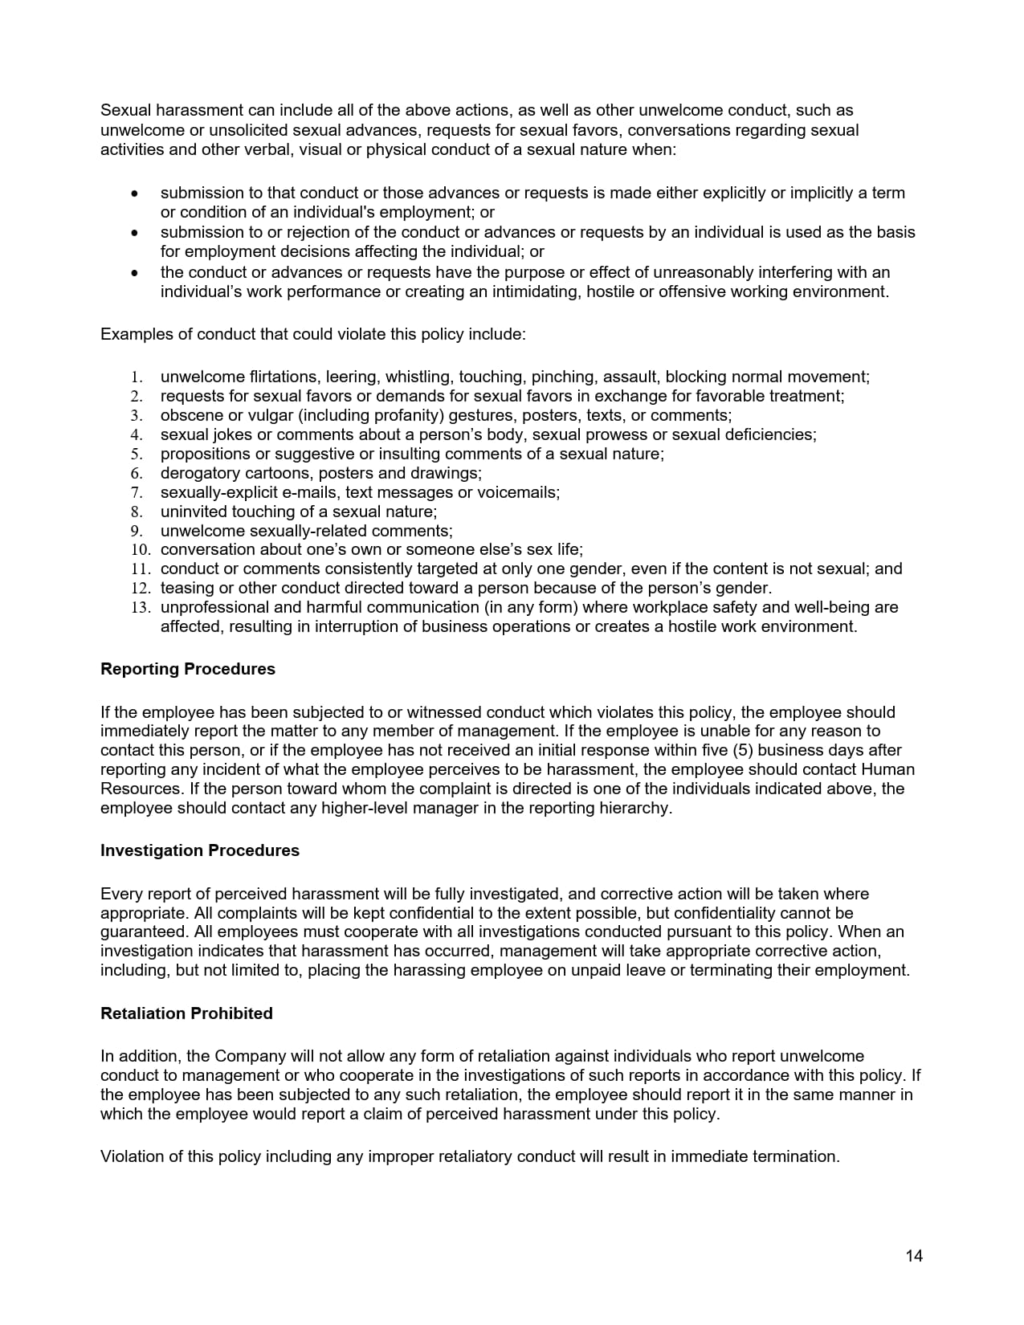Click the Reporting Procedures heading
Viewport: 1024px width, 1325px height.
coord(187,669)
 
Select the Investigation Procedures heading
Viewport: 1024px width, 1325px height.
coord(199,850)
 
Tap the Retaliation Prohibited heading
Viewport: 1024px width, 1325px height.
coord(186,1013)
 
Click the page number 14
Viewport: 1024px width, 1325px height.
coord(914,1256)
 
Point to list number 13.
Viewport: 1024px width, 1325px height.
coord(141,608)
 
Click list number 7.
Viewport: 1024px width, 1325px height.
coord(137,492)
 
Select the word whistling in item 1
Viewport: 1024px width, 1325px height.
coord(418,377)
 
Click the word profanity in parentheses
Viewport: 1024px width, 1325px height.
coord(413,415)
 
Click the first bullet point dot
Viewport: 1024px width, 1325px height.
coord(134,194)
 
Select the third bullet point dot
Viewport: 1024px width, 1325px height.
coord(134,273)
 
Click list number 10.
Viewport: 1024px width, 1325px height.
coord(141,550)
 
